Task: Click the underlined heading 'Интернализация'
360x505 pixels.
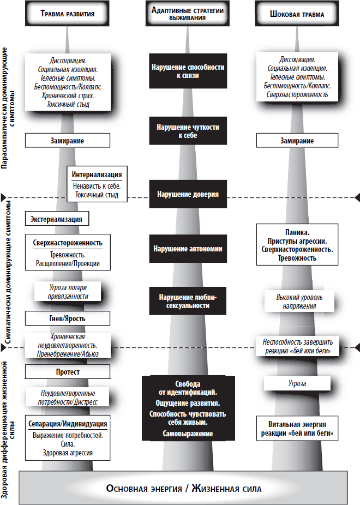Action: [97, 175]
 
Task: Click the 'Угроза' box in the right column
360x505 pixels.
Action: [297, 383]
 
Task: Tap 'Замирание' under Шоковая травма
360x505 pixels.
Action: [297, 141]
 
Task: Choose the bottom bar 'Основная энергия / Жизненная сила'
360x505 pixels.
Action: [183, 489]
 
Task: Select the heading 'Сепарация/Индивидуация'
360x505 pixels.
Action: [68, 424]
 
